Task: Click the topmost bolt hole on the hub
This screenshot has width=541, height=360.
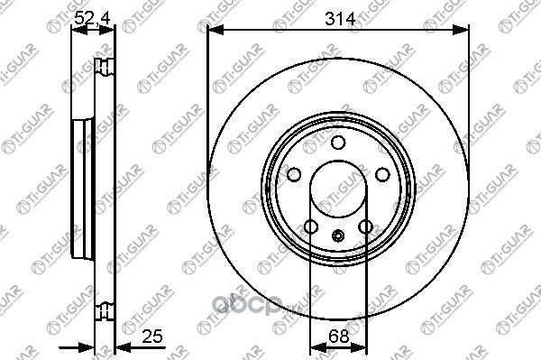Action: (x=337, y=143)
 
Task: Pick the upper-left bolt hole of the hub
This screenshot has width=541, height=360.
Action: (x=295, y=174)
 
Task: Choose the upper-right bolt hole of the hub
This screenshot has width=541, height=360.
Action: (x=380, y=174)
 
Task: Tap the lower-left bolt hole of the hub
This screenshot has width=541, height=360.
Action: (x=311, y=226)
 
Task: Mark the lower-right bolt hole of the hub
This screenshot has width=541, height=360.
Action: (x=364, y=226)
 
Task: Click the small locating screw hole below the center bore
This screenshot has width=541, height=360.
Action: (x=337, y=237)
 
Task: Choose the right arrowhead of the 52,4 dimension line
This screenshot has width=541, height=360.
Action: (x=113, y=29)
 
